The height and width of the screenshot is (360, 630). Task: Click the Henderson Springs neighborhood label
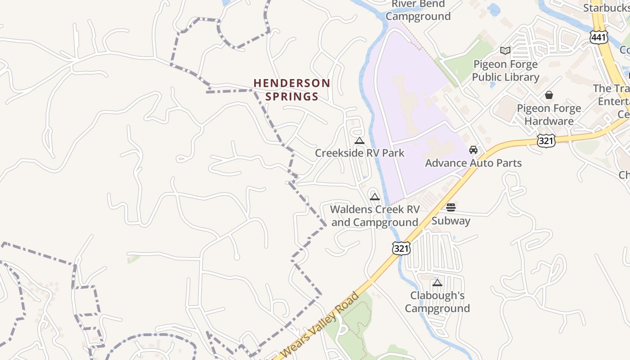(x=292, y=90)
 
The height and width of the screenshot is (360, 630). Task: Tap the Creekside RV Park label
(x=360, y=153)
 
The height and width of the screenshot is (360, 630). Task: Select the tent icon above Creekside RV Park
(x=359, y=141)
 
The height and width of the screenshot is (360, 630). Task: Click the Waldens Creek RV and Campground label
(x=375, y=216)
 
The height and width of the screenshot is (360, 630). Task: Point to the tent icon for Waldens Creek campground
(x=375, y=197)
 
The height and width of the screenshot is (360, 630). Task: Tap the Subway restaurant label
(x=451, y=221)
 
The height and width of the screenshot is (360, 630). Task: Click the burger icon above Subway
(x=451, y=207)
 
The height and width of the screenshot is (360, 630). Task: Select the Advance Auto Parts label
(x=473, y=163)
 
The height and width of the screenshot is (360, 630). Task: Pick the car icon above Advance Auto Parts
(x=473, y=150)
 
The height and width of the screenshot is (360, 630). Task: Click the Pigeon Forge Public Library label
(x=505, y=71)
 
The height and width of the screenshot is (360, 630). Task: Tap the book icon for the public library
(x=505, y=50)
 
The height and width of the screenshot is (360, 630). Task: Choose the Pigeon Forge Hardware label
(x=549, y=115)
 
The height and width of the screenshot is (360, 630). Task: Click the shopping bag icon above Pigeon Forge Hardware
(x=549, y=95)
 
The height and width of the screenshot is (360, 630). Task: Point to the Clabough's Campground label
(x=437, y=302)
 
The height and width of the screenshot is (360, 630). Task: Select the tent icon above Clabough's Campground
(x=437, y=283)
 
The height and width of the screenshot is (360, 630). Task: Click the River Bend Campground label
(x=418, y=10)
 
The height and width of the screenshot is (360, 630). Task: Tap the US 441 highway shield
(x=599, y=37)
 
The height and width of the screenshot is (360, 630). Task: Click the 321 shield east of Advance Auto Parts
(x=546, y=140)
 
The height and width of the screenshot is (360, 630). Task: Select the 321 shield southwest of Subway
(x=401, y=248)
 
